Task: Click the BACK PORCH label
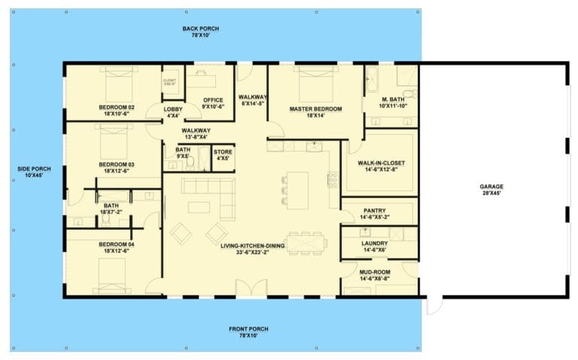199,29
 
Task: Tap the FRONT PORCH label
248,329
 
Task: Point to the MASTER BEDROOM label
315,108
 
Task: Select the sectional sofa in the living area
208,192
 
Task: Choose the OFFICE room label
213,99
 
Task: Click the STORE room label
224,152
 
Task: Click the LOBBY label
172,109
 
